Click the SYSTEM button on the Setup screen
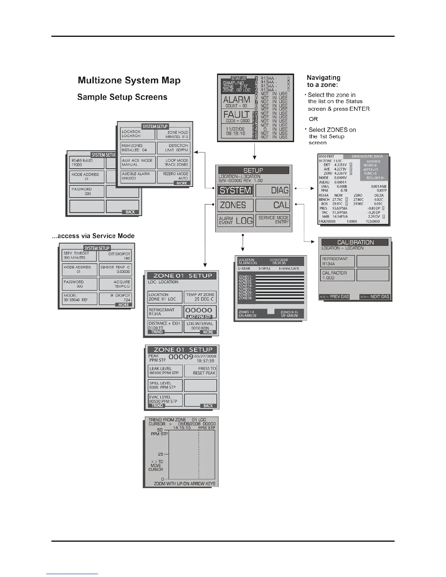pos(235,190)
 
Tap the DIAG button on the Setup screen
pos(273,190)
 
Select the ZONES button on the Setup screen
pos(235,205)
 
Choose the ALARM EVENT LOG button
pos(235,220)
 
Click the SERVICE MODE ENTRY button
pos(273,220)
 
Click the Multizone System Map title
pos(129,81)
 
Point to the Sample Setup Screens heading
pos(122,97)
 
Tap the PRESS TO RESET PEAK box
pos(200,371)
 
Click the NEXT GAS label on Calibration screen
pos(375,297)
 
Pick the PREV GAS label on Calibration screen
pos(334,297)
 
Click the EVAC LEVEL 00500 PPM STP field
pos(165,399)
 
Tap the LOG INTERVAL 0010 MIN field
pos(200,326)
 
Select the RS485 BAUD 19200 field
pos(86,162)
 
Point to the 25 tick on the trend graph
pos(161,454)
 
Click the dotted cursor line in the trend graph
pos(199,455)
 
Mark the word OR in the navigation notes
pos(313,119)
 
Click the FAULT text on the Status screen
pos(236,114)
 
